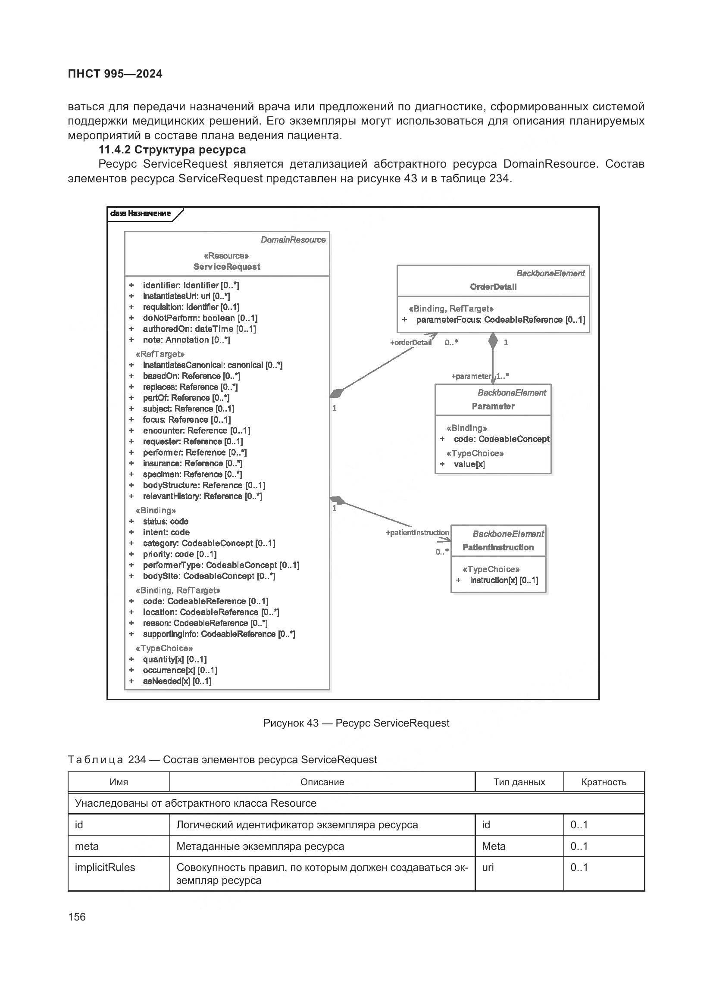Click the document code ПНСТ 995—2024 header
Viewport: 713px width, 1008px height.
(x=115, y=74)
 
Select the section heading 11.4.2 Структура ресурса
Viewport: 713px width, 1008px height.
(x=172, y=150)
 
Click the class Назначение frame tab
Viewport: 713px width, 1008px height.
(x=141, y=213)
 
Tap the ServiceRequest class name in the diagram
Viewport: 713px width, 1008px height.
(x=227, y=266)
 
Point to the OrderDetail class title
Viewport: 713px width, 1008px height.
(x=493, y=287)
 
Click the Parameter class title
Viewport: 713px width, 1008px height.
(x=493, y=406)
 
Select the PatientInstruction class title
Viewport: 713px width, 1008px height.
(x=498, y=547)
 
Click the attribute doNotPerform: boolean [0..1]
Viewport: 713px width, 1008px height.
(x=200, y=318)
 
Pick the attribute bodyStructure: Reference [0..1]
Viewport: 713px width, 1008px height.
(x=204, y=485)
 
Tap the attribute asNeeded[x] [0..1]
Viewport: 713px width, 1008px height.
(x=177, y=681)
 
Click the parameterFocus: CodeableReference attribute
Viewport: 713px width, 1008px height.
(x=500, y=320)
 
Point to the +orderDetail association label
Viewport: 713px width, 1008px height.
(x=410, y=343)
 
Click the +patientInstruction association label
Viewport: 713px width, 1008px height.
(x=417, y=533)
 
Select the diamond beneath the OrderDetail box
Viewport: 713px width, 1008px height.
(x=493, y=341)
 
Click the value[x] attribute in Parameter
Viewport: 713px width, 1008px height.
(x=469, y=464)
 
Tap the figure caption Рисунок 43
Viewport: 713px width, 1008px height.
(x=356, y=723)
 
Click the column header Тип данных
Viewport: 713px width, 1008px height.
(x=519, y=782)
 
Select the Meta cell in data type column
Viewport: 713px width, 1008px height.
(x=494, y=846)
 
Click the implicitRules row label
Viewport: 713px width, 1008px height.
(x=105, y=868)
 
